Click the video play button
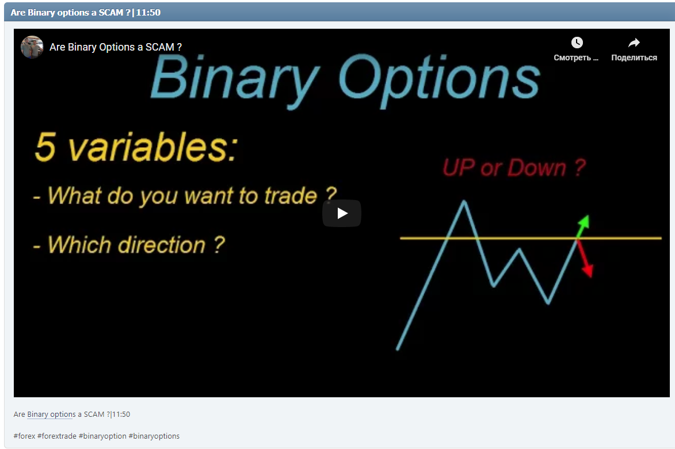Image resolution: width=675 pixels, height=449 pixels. click(x=342, y=213)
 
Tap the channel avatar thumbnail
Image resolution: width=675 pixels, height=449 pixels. click(x=32, y=47)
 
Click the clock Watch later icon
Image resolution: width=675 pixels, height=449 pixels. click(x=577, y=43)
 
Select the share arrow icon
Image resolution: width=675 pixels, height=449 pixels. click(x=634, y=43)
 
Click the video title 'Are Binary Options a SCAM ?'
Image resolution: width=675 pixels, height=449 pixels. click(x=116, y=47)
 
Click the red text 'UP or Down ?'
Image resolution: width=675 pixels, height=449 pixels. click(x=514, y=168)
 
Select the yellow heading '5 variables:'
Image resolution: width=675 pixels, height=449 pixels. click(x=135, y=148)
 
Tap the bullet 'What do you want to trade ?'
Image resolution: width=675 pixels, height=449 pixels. click(x=185, y=196)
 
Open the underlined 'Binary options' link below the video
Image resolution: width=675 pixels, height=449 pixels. click(x=51, y=415)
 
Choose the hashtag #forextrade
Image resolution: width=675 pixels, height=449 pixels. click(x=56, y=436)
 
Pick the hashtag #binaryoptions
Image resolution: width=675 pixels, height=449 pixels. click(x=154, y=436)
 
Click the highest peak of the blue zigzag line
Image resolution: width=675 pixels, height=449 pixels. click(x=464, y=201)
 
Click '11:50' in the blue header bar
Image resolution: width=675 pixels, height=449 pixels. click(x=148, y=12)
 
